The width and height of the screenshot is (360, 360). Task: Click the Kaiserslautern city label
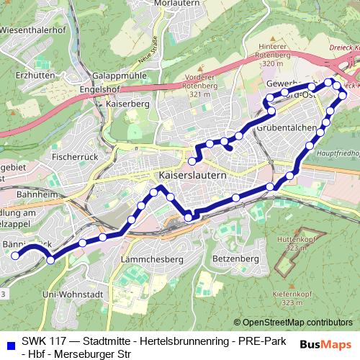192,175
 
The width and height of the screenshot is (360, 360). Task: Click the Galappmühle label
120,75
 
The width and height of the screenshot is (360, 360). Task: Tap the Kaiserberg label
127,104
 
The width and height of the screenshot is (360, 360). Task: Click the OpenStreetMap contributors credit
297,323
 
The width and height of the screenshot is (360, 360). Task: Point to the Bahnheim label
24,194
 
